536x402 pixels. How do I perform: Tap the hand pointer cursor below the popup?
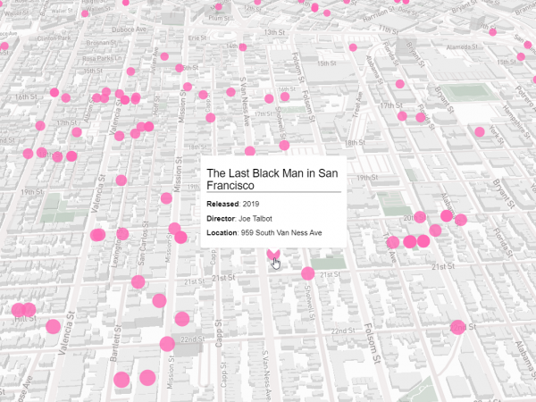click(x=276, y=263)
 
